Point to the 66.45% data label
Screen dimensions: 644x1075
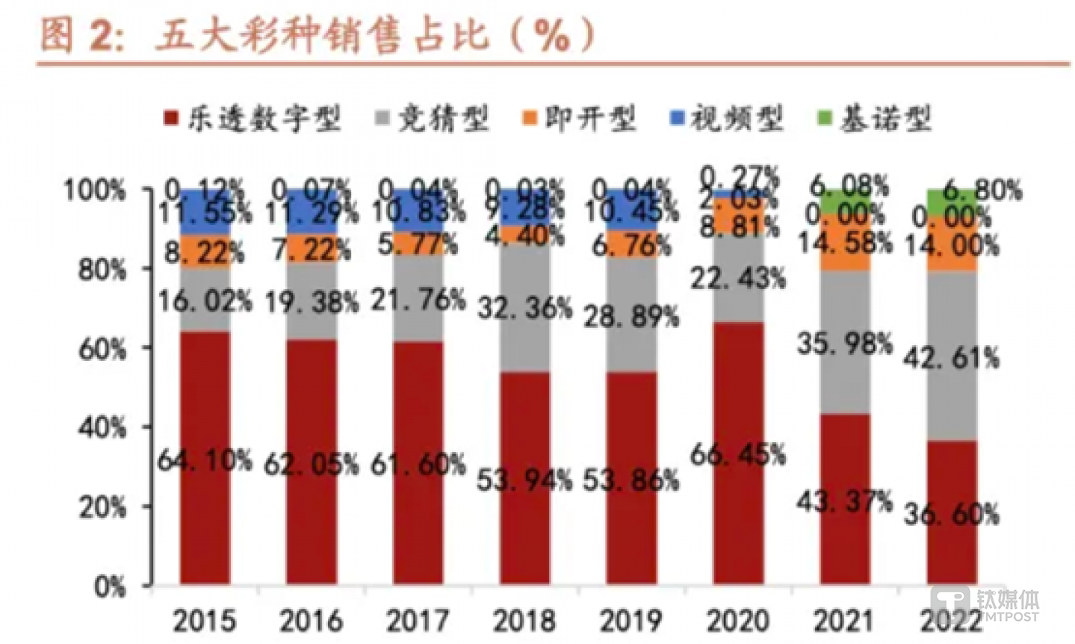click(x=737, y=453)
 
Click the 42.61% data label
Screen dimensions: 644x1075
click(x=950, y=358)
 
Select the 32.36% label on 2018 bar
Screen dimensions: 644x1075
click(x=524, y=307)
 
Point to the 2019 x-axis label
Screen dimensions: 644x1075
click(x=631, y=620)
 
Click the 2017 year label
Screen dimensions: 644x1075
click(x=418, y=620)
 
